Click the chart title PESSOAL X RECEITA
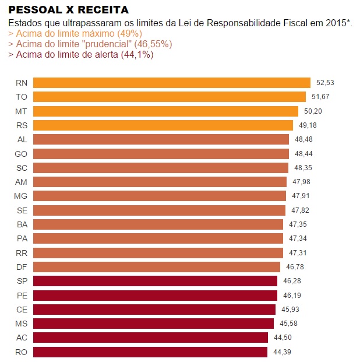pos(68,10)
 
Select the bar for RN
pos(172,83)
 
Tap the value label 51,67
pos(320,97)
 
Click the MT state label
pos(21,111)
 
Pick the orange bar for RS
pos(163,125)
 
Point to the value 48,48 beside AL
pos(303,139)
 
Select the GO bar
pos(161,154)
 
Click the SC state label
pos(22,168)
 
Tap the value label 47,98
pos(301,182)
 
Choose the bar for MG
pos(160,196)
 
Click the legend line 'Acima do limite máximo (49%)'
pos(75,34)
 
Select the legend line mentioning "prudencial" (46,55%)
pos(90,44)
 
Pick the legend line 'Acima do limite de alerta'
pos(81,55)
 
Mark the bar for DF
pos(157,267)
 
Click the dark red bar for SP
pos(155,281)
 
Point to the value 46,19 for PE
pos(292,296)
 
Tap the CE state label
pos(22,310)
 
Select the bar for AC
pos(150,338)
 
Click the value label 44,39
pos(282,352)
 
